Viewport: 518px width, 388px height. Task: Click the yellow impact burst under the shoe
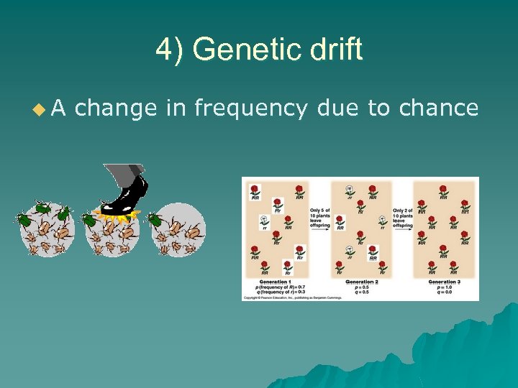click(x=115, y=214)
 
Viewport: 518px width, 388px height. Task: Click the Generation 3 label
click(x=444, y=281)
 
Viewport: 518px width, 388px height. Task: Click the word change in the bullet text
click(x=116, y=108)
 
